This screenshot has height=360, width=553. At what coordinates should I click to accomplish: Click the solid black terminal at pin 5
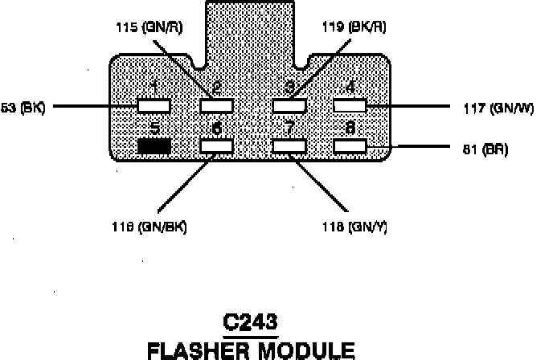154,146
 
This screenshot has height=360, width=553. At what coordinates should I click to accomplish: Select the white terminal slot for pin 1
154,105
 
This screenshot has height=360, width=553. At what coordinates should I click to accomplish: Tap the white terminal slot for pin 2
217,105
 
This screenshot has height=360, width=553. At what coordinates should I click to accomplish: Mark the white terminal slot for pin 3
289,105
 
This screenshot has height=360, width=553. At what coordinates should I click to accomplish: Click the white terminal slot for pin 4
350,105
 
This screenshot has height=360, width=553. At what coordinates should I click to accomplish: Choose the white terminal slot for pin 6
217,146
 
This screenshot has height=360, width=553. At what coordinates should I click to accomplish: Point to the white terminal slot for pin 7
289,146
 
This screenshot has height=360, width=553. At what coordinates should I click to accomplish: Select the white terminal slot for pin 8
350,146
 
